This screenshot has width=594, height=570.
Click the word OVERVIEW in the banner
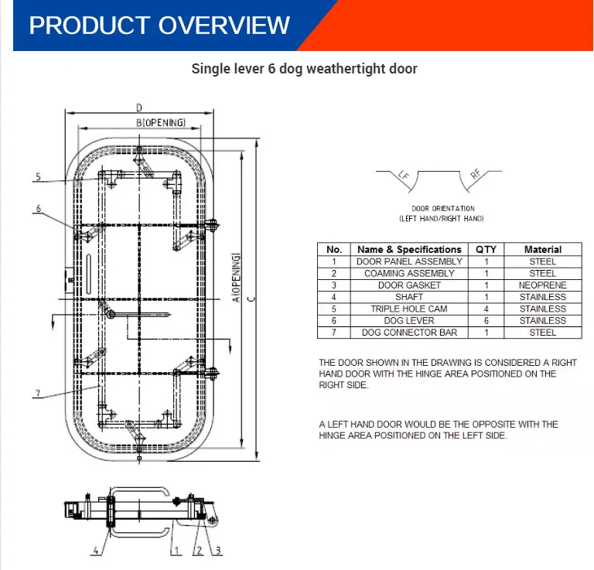[x=224, y=26]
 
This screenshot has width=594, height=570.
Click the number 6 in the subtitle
[x=271, y=69]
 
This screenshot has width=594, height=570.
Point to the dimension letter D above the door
[x=139, y=108]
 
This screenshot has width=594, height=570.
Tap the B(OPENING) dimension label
[x=161, y=123]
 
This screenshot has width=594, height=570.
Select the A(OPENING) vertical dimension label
[x=236, y=278]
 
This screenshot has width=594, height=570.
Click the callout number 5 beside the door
[x=38, y=177]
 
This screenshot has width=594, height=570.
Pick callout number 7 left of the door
[x=37, y=393]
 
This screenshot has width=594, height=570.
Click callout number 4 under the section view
[x=96, y=551]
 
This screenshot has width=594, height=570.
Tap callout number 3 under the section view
[x=218, y=551]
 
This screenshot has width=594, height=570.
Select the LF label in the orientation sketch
[x=404, y=176]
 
